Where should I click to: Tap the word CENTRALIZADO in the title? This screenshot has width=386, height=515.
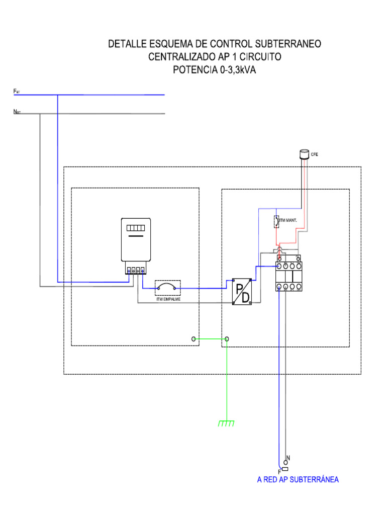click(181, 57)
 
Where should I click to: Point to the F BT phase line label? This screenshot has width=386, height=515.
click(17, 92)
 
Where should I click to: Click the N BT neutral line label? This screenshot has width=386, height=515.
click(17, 112)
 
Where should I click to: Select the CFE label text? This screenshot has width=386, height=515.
click(315, 154)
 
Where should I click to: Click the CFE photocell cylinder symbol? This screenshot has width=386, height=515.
click(304, 154)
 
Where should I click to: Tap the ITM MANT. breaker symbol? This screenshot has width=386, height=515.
click(276, 222)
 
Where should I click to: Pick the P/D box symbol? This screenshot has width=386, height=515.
click(242, 291)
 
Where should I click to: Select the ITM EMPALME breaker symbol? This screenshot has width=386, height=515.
click(167, 288)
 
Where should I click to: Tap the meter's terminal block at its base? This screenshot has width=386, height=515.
click(136, 270)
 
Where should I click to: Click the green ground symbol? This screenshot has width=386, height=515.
click(226, 424)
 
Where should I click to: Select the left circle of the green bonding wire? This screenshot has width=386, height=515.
click(194, 339)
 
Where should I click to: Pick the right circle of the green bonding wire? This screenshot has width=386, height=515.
click(227, 339)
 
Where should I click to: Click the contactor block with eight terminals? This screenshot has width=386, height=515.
click(289, 276)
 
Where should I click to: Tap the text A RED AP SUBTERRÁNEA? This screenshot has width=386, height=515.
click(298, 480)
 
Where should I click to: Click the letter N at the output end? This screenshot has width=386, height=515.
click(288, 458)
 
